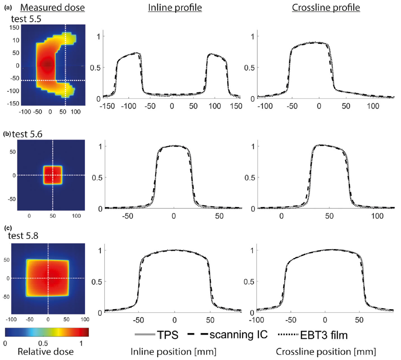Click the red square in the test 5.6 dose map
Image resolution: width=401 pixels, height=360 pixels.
pyautogui.click(x=52, y=175)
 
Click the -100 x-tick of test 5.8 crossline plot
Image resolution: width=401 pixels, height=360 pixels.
pyautogui.click(x=255, y=320)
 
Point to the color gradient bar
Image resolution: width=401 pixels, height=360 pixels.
pyautogui.click(x=46, y=332)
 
